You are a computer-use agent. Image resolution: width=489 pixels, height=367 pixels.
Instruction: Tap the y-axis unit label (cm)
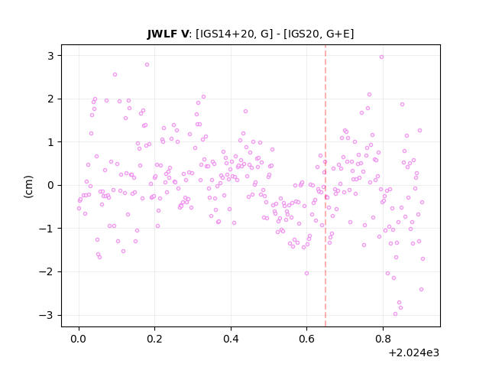(28, 187)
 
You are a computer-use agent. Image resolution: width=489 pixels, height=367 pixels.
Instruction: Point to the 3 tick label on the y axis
(50, 56)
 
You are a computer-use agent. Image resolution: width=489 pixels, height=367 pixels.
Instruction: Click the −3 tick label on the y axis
(46, 315)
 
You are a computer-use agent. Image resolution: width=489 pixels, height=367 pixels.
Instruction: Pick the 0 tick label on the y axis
(50, 185)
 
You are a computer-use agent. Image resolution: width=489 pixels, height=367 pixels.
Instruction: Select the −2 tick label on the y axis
(46, 272)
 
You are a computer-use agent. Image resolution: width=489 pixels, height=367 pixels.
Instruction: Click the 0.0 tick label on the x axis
(78, 339)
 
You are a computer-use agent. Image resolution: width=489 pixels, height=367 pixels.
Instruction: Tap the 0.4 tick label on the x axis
(231, 339)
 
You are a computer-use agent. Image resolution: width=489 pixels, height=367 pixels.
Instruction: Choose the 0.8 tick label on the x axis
(383, 339)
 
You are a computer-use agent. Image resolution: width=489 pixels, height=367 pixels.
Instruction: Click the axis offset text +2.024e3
(414, 353)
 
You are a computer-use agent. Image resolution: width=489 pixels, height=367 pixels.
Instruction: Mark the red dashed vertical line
(325, 186)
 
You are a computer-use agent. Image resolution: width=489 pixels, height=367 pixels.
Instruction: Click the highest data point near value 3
(381, 57)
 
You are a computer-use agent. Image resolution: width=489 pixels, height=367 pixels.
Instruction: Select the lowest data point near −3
(396, 313)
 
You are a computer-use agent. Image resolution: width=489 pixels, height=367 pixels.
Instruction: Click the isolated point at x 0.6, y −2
(306, 273)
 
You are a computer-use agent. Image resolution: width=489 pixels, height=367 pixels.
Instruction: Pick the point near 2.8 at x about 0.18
(147, 64)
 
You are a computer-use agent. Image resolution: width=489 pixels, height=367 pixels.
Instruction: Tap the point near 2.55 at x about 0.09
(115, 75)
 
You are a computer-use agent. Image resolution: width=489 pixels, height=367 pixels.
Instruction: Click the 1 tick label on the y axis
(50, 142)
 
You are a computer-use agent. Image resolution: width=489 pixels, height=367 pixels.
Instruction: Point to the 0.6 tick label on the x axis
(306, 339)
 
